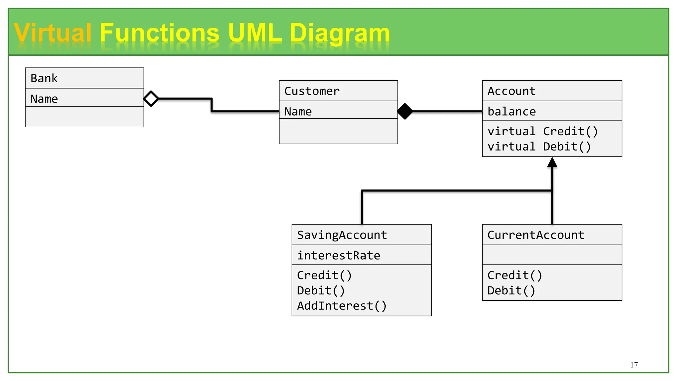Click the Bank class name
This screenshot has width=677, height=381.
click(x=44, y=78)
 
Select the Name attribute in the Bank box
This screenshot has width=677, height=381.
click(x=44, y=99)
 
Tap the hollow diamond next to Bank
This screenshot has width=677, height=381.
click(x=151, y=99)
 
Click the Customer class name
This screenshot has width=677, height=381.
click(x=312, y=91)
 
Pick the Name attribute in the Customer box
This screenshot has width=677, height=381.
click(x=298, y=111)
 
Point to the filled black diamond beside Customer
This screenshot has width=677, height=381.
click(x=405, y=111)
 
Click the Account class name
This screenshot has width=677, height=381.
click(x=511, y=91)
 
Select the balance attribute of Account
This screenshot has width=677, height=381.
click(x=511, y=111)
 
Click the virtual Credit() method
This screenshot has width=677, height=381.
click(x=542, y=131)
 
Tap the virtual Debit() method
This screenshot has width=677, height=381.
click(x=539, y=147)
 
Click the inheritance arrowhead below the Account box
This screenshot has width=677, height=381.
click(x=552, y=162)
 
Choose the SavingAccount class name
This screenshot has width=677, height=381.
click(x=342, y=235)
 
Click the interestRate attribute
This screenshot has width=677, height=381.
click(x=338, y=255)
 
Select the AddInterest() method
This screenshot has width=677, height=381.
click(x=341, y=306)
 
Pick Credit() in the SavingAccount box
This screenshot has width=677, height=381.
click(x=324, y=275)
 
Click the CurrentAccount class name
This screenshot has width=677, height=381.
click(x=536, y=235)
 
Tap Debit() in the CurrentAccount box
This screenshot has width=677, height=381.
click(x=511, y=290)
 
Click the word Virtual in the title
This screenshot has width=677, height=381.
click(x=53, y=33)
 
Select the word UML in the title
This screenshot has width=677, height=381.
click(x=255, y=33)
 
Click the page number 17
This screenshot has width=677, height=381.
click(x=634, y=365)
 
